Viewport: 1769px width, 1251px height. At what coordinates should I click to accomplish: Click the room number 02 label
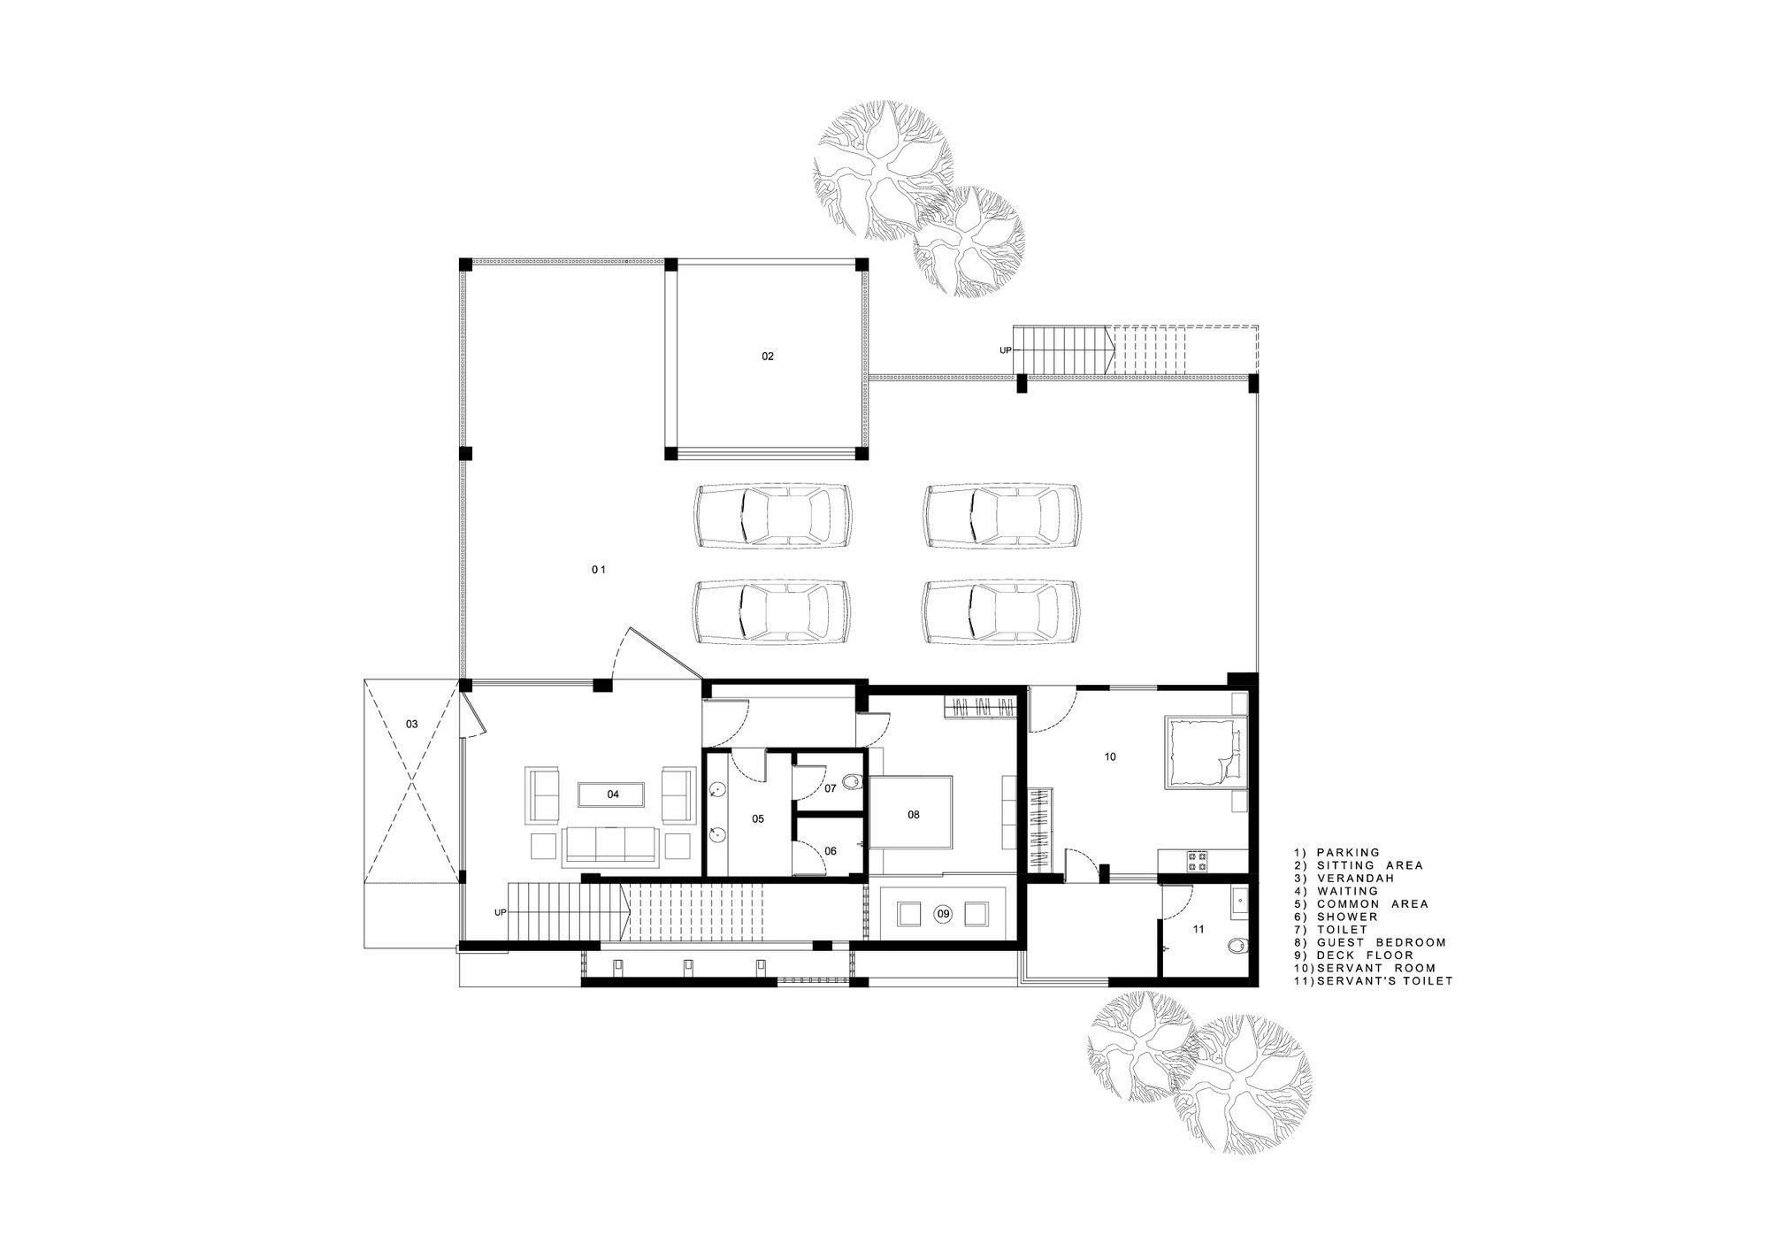(767, 357)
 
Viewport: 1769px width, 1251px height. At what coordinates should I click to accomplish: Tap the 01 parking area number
(599, 570)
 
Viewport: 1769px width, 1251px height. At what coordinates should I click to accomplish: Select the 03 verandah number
(411, 724)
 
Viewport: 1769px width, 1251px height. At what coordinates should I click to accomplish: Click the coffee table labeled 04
(613, 794)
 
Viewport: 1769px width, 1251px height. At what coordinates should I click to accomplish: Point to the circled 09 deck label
(943, 913)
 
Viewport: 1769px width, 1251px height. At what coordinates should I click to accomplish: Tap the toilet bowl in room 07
(852, 783)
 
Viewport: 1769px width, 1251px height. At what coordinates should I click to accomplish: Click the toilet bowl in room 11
(1239, 948)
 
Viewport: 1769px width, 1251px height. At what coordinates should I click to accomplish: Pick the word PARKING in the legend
(1348, 853)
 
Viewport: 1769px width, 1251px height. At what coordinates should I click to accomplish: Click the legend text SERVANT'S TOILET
(1385, 981)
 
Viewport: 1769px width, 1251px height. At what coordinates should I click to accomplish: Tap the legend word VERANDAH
(1355, 879)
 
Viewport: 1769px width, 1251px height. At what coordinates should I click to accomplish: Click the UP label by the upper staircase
(1005, 350)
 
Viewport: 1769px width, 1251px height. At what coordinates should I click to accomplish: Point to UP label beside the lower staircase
(500, 912)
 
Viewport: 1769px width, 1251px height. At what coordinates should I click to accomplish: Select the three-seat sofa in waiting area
(610, 847)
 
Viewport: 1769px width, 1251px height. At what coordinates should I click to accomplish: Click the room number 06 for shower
(830, 851)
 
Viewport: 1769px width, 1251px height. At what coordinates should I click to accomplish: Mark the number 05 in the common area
(758, 819)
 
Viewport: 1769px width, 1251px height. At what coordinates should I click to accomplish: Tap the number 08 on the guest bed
(914, 814)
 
